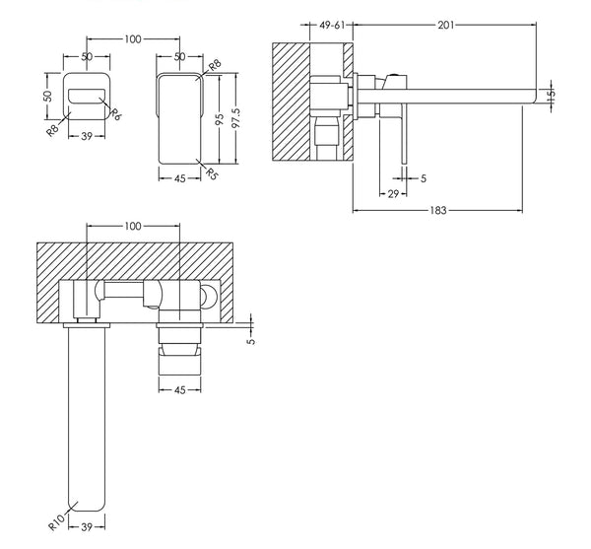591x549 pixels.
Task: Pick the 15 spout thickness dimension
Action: pos(553,96)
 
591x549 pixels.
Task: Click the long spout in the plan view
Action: pos(88,414)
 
